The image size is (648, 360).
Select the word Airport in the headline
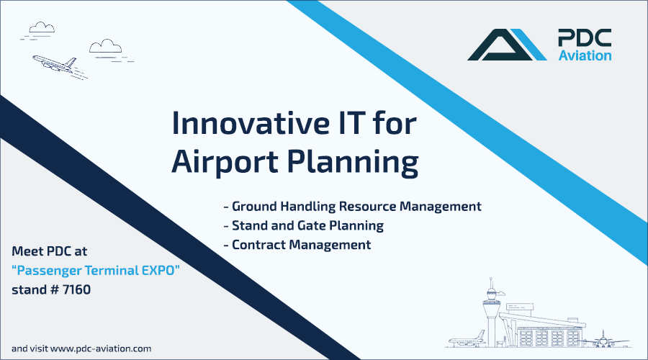[x=225, y=161]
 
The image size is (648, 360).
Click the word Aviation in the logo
[x=585, y=55]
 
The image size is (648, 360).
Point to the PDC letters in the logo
[x=585, y=37]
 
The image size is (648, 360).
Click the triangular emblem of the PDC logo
[x=507, y=45]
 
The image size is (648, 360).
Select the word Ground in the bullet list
[x=254, y=206]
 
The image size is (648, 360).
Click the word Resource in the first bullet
[x=367, y=206]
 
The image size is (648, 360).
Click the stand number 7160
[x=76, y=289]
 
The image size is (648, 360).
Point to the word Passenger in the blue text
[x=49, y=271]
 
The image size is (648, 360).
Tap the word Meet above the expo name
[x=27, y=251]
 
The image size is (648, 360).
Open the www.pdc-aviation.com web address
[x=101, y=349]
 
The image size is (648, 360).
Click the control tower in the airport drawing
[x=491, y=312]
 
